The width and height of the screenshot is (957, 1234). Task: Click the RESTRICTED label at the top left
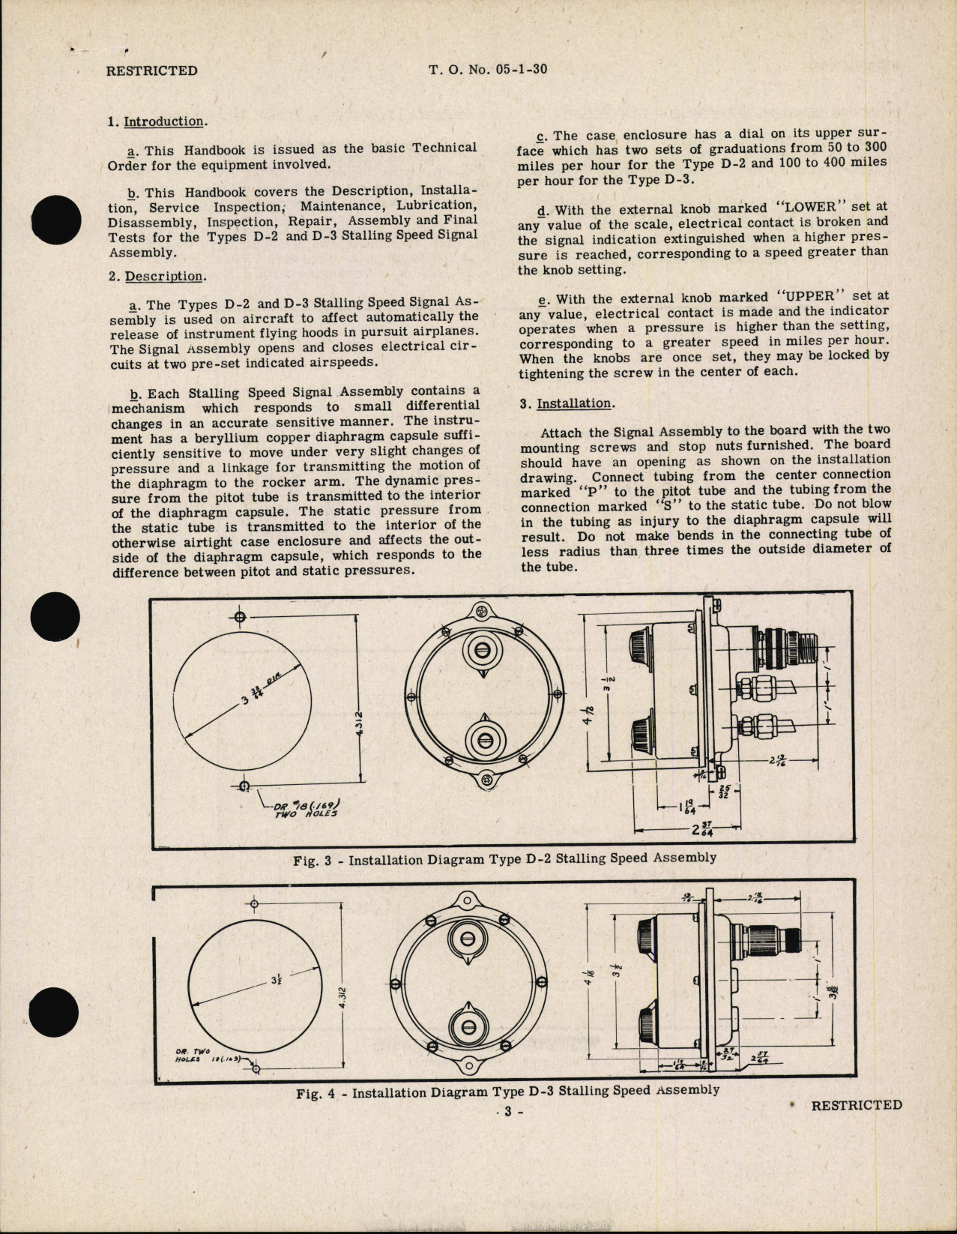pyautogui.click(x=152, y=71)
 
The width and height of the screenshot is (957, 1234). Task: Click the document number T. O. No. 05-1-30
pyautogui.click(x=488, y=70)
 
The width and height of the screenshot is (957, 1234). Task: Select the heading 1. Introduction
pyautogui.click(x=158, y=121)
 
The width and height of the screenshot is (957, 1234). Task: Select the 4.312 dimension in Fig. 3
pyautogui.click(x=360, y=724)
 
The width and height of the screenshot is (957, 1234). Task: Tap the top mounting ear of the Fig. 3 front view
pyautogui.click(x=480, y=611)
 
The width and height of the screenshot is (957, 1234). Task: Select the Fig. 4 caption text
pyautogui.click(x=507, y=1092)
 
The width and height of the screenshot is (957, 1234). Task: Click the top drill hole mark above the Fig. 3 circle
pyautogui.click(x=240, y=617)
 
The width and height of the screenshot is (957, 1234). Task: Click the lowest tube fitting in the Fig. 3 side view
pyautogui.click(x=757, y=726)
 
